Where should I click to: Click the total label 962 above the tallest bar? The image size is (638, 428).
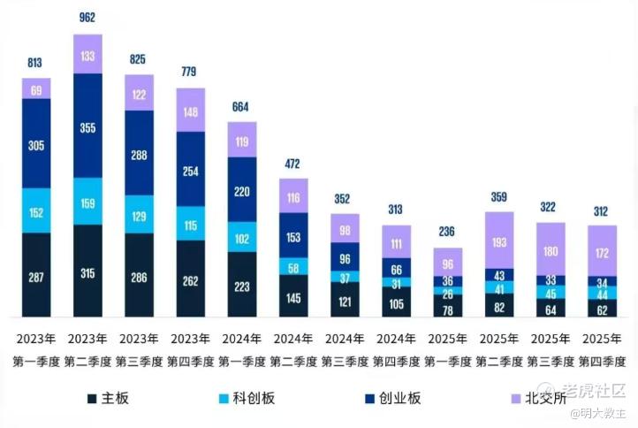click(87, 17)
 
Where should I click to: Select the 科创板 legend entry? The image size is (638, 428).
click(244, 398)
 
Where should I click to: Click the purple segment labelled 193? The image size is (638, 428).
click(498, 241)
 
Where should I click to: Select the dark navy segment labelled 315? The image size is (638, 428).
click(87, 271)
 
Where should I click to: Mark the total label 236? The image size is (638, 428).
click(447, 232)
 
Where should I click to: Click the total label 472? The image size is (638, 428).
click(293, 164)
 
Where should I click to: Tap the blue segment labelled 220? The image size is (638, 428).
click(241, 189)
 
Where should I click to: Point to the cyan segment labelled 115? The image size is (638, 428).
click(190, 225)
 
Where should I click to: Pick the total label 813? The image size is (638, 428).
click(36, 63)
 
